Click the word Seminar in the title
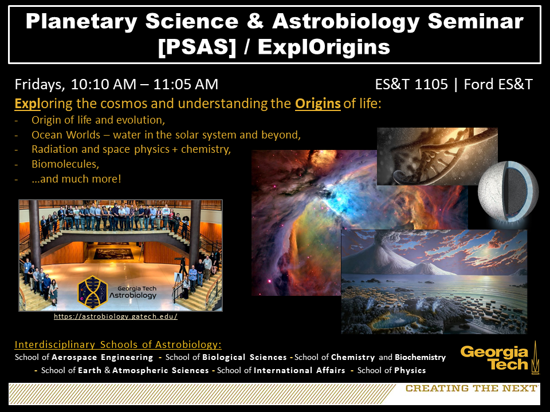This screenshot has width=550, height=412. (476, 21)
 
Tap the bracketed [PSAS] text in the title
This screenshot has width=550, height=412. (197, 47)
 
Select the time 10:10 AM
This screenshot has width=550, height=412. (104, 85)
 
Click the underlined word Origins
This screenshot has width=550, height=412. (318, 104)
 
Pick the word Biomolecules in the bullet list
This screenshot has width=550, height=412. (65, 164)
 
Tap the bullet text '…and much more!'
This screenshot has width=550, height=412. (76, 179)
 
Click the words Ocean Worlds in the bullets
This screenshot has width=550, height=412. (66, 135)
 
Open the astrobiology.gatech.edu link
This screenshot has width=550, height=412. (116, 316)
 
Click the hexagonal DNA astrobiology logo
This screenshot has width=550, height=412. (92, 292)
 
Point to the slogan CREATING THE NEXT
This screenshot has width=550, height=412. (471, 388)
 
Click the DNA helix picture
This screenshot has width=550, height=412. (437, 156)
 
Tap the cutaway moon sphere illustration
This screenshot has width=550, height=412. (508, 191)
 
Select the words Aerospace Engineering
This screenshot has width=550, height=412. (103, 357)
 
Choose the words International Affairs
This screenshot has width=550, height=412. (300, 370)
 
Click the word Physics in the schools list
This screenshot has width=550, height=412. (410, 371)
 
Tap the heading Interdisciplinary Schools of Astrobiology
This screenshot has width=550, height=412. (118, 344)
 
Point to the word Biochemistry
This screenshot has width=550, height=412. (420, 357)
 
